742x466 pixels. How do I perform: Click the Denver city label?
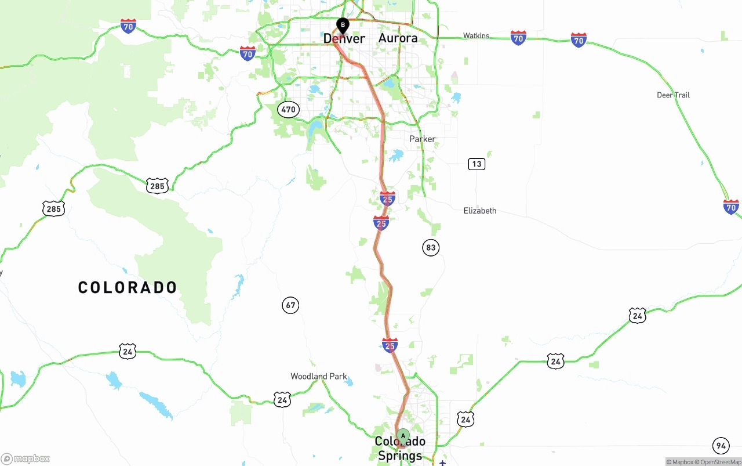[x=344, y=39]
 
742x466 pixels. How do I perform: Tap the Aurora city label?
[x=398, y=38]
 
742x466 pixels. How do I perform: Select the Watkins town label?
[x=476, y=36]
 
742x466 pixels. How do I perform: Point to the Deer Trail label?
[x=673, y=95]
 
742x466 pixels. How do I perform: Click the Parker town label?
[x=422, y=139]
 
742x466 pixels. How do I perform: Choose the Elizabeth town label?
[x=480, y=211]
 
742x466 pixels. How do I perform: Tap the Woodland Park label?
[x=319, y=377]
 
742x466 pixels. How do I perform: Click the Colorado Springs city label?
[x=400, y=449]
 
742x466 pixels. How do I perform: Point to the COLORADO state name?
[x=128, y=287]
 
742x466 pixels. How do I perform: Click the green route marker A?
[x=403, y=436]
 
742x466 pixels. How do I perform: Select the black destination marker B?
[x=343, y=25]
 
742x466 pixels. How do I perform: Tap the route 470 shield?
[x=288, y=109]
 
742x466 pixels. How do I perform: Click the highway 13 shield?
[x=477, y=164]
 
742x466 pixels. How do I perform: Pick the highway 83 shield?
[x=430, y=248]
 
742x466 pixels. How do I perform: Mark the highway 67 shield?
[x=290, y=305]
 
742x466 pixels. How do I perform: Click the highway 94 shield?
[x=721, y=446]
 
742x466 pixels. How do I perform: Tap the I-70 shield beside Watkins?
[x=518, y=38]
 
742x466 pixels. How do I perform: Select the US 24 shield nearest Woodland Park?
[x=282, y=399]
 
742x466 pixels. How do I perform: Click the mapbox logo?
[x=26, y=459]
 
